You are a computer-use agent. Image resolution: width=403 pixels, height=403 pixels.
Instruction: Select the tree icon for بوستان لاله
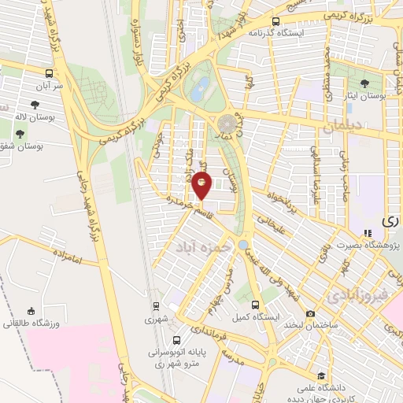(x=35, y=104)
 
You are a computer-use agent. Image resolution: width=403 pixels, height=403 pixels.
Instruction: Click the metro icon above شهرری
(x=157, y=306)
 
